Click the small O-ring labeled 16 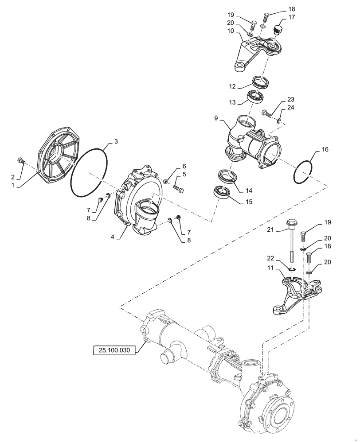pos(305,171)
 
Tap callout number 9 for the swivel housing pos(216,119)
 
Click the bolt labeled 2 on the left pos(21,160)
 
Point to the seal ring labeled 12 pos(261,82)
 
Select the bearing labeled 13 pos(256,96)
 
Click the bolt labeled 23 pos(266,113)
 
